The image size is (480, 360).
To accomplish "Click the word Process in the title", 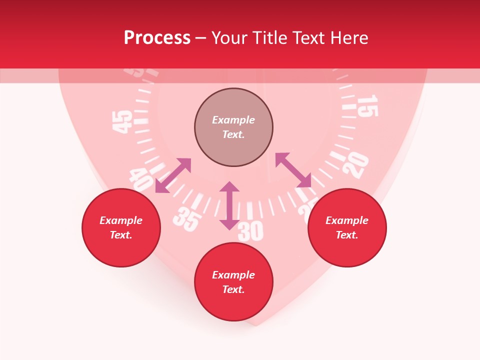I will pos(157,38).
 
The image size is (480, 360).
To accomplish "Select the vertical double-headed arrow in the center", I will pos(229,205).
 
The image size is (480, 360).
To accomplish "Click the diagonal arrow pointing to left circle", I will pos(173,175).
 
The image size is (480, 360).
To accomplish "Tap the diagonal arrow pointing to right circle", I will pos(293,170).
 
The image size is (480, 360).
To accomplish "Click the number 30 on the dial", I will pos(250,231).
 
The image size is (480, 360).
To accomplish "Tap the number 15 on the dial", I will pos(367,105).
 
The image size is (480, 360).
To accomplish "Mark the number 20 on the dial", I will pos(356,165).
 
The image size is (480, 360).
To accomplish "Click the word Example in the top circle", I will pos(233,120).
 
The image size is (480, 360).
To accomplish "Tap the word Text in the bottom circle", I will pos(233,289).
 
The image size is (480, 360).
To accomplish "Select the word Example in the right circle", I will pos(347,220).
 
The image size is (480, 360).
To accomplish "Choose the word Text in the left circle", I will pos(121,235).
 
